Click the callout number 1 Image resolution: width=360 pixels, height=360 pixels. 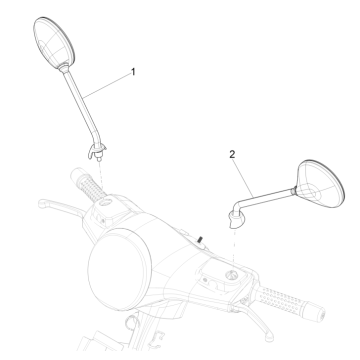131,72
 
